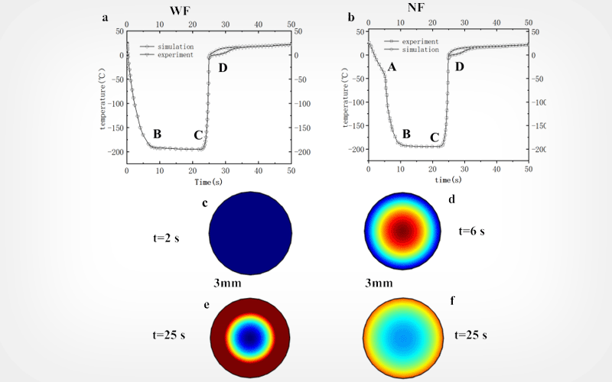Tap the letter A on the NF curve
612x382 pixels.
coord(392,68)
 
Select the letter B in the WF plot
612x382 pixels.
coord(157,134)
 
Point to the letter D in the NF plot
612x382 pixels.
coord(459,67)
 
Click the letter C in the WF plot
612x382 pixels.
coord(198,136)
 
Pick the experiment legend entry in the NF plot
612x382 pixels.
coord(418,40)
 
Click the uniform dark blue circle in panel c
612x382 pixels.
coord(251,233)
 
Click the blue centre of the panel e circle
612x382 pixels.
coord(251,337)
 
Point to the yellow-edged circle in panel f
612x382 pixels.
coord(404,337)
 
